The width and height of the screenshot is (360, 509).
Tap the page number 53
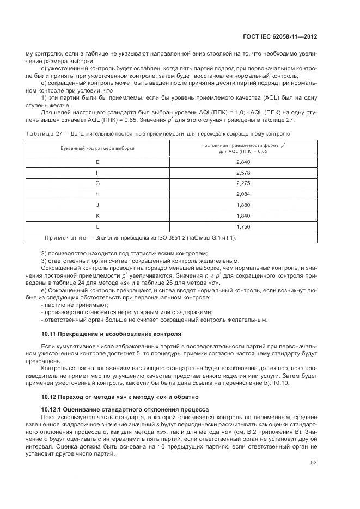(313, 462)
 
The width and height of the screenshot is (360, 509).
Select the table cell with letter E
(97, 163)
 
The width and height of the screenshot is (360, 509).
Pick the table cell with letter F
(97, 173)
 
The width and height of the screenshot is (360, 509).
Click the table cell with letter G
(97, 183)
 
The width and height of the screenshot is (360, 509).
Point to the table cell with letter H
(97, 194)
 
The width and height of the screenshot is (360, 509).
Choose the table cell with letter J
(97, 205)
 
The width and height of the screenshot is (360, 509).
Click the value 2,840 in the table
(243, 163)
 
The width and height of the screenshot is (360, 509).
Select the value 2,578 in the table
(243, 173)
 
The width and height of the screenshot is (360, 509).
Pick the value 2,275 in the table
(243, 183)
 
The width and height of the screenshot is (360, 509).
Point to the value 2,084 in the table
(243, 194)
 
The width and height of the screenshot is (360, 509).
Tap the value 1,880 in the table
(243, 205)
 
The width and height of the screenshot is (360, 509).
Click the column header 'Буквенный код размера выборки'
(97, 148)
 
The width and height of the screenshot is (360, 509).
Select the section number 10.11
(50, 333)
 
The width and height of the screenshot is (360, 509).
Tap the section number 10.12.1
(54, 408)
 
